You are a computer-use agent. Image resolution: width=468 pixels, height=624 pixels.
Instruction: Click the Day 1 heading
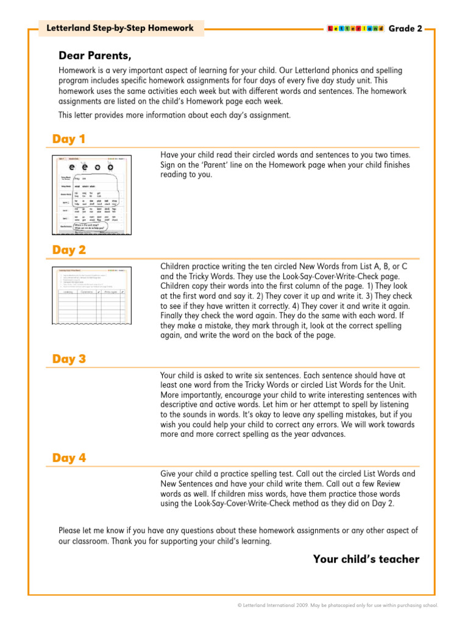tap(69, 140)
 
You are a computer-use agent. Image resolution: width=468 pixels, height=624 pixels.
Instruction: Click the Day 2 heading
tap(69, 250)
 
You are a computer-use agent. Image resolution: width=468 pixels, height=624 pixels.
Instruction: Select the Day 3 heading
tap(69, 359)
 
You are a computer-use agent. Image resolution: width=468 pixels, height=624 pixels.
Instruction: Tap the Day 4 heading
tap(69, 458)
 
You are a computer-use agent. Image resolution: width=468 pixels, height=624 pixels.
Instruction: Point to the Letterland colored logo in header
tap(355, 29)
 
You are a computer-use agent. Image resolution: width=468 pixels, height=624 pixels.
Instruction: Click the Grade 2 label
tap(405, 29)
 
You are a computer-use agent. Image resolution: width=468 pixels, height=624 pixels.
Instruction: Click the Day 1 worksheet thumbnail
tap(90, 195)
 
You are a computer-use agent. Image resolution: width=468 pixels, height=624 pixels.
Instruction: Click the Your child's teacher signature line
tap(366, 559)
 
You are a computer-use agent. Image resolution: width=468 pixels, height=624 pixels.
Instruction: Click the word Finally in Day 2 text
tap(173, 316)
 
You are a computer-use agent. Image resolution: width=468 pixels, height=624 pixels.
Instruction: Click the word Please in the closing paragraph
tap(70, 530)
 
